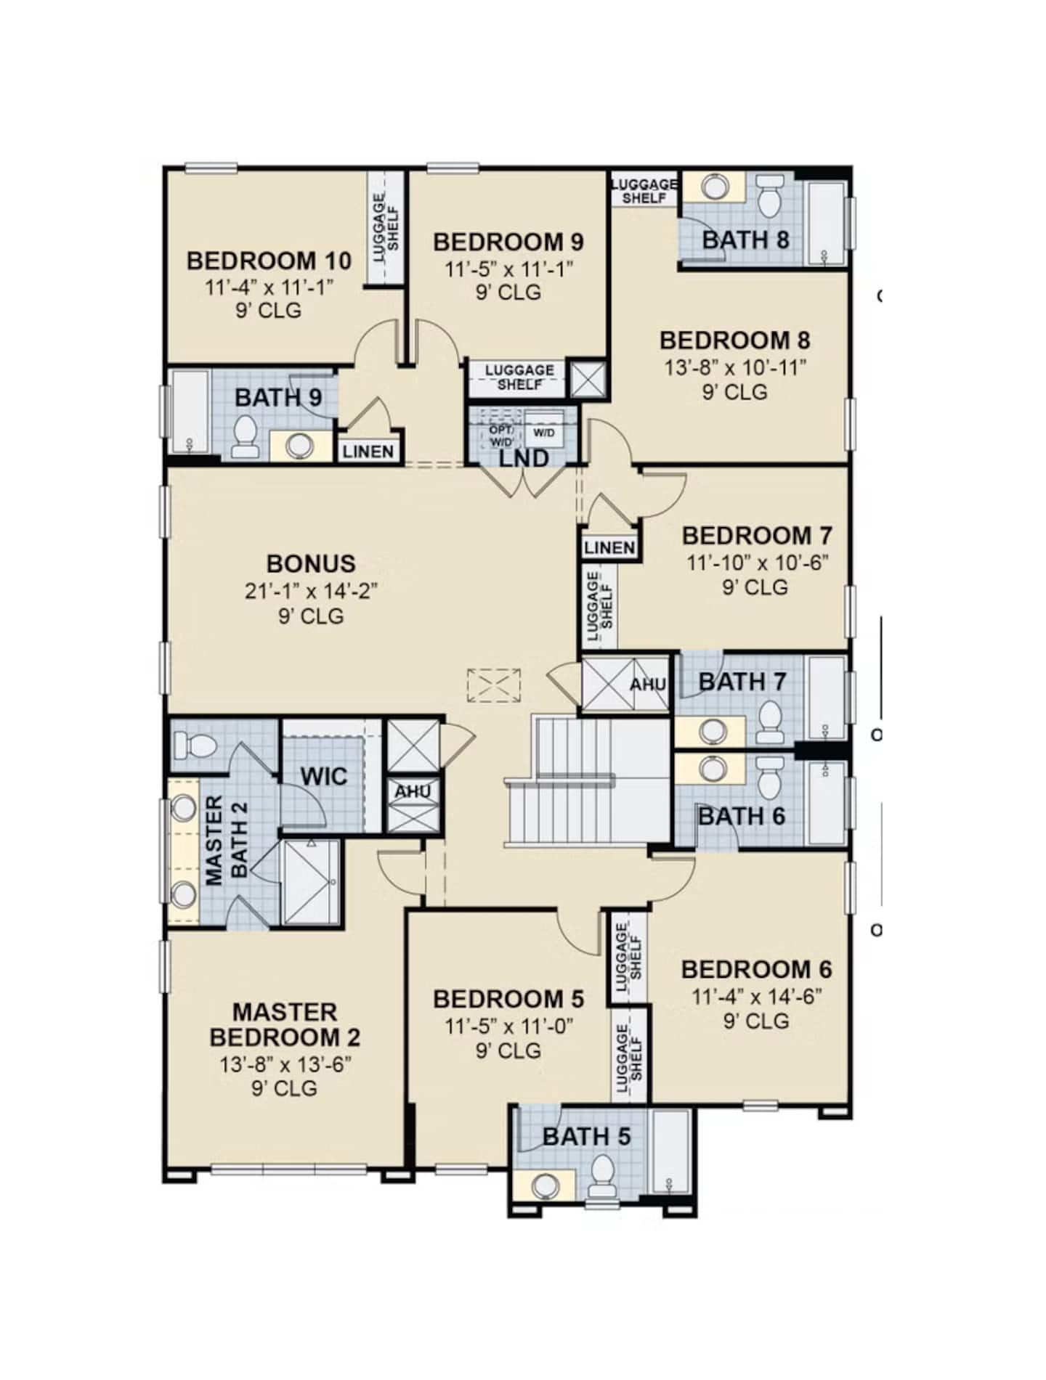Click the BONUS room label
[311, 563]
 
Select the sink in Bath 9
[299, 445]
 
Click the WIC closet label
[324, 776]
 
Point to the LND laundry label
[524, 459]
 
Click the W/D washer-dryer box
[544, 433]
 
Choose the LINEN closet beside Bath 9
[368, 452]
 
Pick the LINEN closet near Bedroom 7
[609, 547]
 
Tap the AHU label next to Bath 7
[646, 685]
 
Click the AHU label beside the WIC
[413, 792]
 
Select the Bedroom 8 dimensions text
[734, 367]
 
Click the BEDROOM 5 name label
[508, 1000]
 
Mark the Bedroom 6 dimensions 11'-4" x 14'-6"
[756, 996]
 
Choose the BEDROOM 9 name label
[508, 242]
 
